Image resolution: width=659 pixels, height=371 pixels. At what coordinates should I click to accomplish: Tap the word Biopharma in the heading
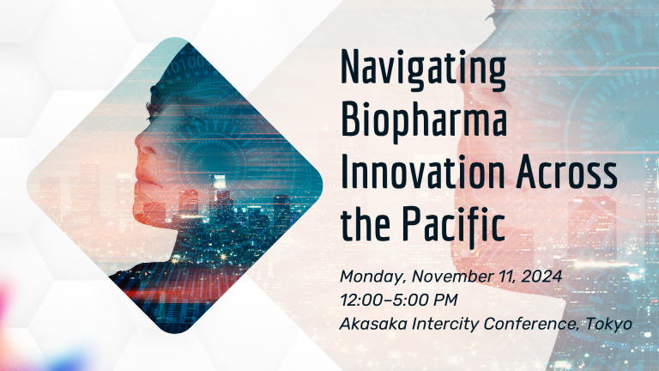[424, 122]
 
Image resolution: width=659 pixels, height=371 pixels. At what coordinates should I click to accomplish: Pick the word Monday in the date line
[373, 277]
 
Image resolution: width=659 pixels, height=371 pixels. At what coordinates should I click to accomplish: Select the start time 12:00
[361, 301]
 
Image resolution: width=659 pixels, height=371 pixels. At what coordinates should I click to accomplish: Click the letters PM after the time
[444, 301]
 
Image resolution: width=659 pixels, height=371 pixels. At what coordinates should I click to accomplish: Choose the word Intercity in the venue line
[445, 325]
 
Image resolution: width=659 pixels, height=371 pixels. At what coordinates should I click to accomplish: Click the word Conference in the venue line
[532, 324]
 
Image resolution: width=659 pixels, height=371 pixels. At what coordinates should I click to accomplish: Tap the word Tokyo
[609, 325]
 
